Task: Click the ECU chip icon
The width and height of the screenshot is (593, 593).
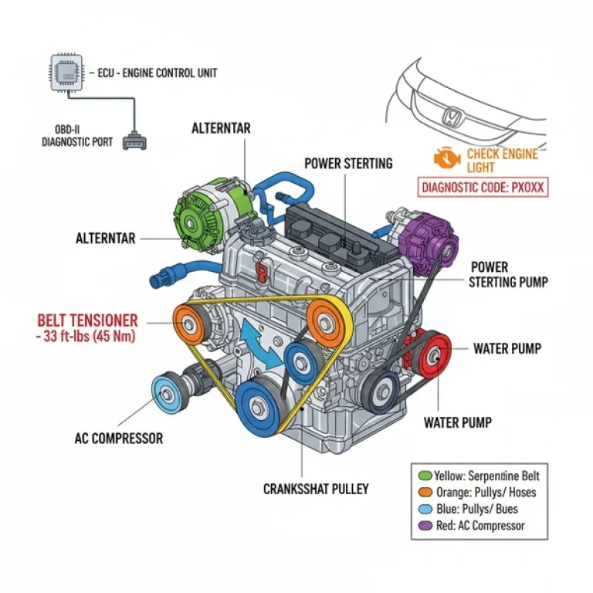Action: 66,72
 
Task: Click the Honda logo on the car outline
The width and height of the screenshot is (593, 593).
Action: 452,118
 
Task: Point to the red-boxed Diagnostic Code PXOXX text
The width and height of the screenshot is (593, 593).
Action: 483,187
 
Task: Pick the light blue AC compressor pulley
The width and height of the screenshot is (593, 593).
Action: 168,391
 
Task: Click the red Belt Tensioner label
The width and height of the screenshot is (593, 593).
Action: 87,320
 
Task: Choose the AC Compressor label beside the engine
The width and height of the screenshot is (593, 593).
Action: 119,439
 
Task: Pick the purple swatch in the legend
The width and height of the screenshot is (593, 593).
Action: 423,526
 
